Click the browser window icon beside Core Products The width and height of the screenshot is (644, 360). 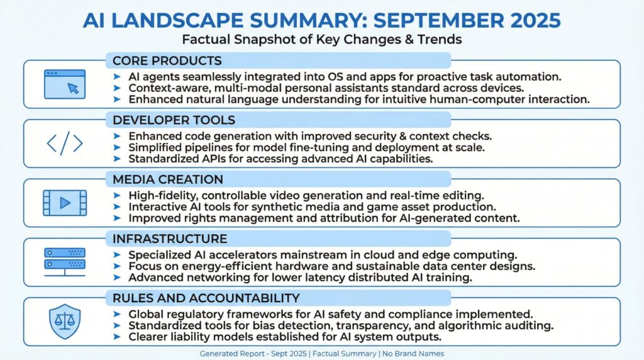64,84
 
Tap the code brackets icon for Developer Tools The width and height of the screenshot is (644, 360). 64,143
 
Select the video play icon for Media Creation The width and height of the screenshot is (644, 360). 64,203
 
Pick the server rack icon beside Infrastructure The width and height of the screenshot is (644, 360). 64,262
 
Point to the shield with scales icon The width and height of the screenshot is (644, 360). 64,320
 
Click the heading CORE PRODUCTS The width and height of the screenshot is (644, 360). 167,61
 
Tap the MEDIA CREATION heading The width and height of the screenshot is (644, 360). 167,179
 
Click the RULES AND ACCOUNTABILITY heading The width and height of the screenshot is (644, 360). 206,298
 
